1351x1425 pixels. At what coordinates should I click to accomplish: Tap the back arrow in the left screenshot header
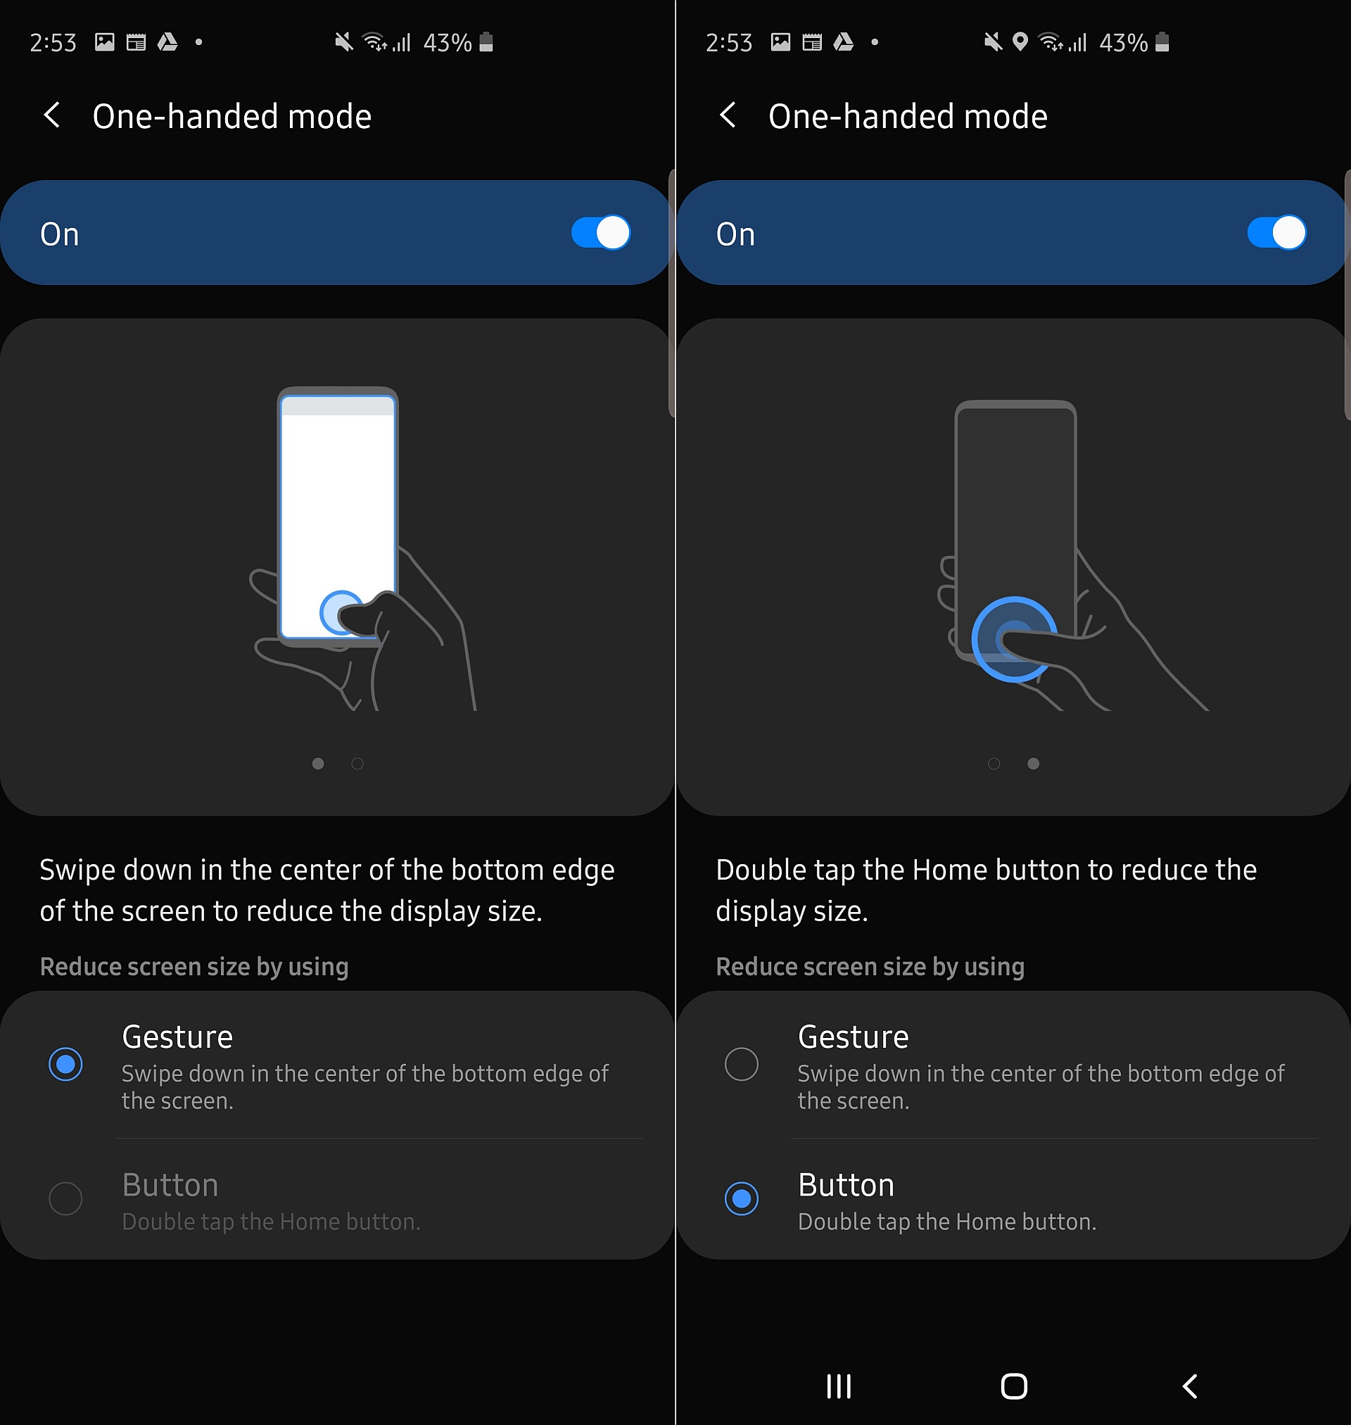51,115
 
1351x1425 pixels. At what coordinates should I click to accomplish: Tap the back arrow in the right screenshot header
728,115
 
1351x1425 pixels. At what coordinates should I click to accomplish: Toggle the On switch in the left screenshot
601,233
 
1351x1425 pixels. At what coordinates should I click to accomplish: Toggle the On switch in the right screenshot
1276,233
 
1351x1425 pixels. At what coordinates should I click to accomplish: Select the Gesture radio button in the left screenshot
65,1063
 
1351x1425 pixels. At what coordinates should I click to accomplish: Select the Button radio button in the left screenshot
65,1198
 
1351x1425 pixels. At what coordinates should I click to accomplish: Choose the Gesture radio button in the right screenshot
741,1063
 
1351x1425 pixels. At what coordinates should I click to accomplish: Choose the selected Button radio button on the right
741,1198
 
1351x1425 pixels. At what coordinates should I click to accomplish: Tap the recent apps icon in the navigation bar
839,1386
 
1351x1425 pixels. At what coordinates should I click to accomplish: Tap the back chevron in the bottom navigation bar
1191,1386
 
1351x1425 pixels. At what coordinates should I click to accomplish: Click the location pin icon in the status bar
1020,42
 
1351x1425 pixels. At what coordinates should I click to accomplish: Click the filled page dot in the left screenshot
318,764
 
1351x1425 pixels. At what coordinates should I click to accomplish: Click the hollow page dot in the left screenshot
357,764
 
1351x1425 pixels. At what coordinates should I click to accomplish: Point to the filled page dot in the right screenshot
1034,764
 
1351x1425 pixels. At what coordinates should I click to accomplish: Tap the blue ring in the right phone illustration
1014,600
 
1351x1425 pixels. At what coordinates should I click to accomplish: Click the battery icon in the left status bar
486,42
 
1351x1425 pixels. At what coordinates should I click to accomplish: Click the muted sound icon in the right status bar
993,42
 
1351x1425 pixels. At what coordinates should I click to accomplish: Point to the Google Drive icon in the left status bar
167,42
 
